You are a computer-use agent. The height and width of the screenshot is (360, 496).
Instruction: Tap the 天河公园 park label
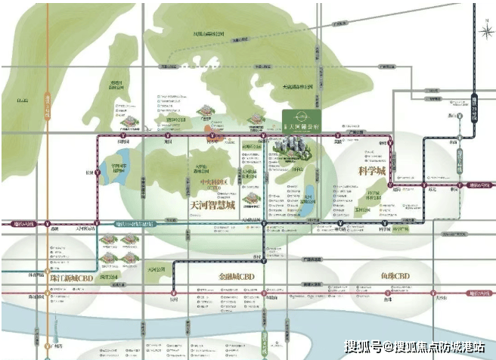pyautogui.click(x=157, y=268)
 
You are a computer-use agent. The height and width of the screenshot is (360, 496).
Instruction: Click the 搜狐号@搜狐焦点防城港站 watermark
pyautogui.click(x=415, y=346)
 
